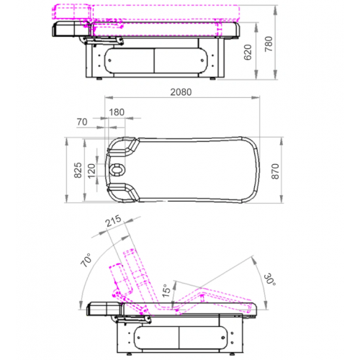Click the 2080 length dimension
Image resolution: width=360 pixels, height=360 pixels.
[x=181, y=92]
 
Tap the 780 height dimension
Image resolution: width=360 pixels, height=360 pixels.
[x=269, y=44]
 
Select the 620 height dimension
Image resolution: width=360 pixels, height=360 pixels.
[x=248, y=53]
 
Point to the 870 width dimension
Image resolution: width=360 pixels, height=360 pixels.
[x=275, y=171]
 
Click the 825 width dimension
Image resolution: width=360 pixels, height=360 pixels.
[x=78, y=170]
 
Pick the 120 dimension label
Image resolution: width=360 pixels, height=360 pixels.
[x=91, y=171]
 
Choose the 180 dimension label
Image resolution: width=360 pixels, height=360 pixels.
[x=117, y=112]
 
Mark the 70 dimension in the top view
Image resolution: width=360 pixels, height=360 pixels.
[x=82, y=122]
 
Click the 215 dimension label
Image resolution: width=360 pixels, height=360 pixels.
[x=113, y=221]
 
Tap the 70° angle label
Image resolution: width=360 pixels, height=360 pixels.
[x=86, y=260]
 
